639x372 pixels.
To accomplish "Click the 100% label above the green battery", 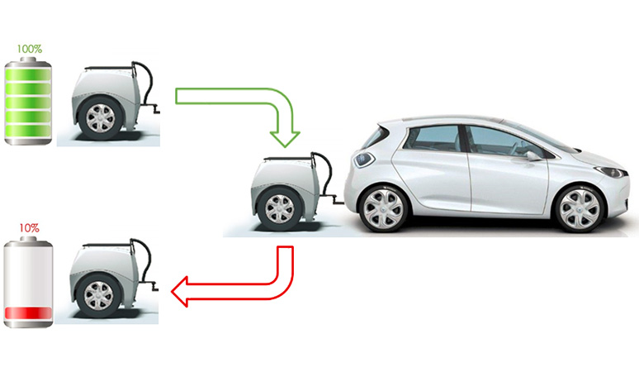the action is click(30, 49).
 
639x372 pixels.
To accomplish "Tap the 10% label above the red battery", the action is click(30, 228).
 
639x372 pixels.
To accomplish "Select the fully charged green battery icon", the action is click(28, 101).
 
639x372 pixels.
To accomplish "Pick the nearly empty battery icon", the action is click(28, 282).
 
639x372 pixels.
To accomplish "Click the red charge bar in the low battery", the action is click(28, 312).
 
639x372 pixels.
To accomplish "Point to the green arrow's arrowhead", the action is click(285, 139).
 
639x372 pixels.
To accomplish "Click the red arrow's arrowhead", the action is click(180, 291).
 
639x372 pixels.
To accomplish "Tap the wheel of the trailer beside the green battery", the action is click(100, 117).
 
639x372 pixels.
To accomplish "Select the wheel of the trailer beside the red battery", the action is click(98, 295).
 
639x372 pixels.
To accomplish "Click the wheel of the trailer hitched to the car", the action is click(280, 209).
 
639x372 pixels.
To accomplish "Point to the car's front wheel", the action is click(579, 209).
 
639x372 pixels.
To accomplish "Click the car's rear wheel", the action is click(383, 209).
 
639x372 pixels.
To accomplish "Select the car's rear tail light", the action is click(364, 159).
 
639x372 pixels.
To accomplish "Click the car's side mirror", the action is click(532, 155).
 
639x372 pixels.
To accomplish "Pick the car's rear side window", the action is click(433, 138).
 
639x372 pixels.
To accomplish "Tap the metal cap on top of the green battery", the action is click(28, 60).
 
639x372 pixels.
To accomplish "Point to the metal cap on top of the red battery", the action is click(28, 239).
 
